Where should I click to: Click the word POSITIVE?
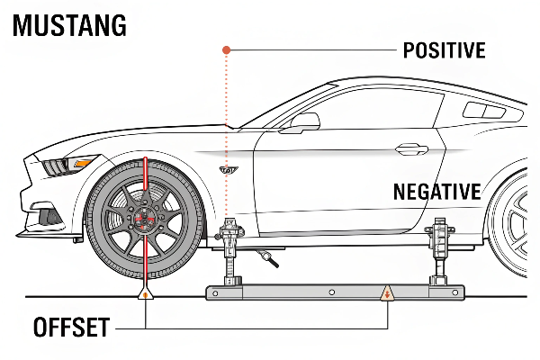tap(444, 49)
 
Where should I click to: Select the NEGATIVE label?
tap(437, 191)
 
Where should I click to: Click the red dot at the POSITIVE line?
tap(228, 49)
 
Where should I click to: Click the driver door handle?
tap(412, 147)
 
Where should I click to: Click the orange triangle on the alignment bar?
tap(388, 292)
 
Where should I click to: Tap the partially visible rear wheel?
tap(517, 220)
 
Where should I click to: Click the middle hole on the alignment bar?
tap(332, 292)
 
